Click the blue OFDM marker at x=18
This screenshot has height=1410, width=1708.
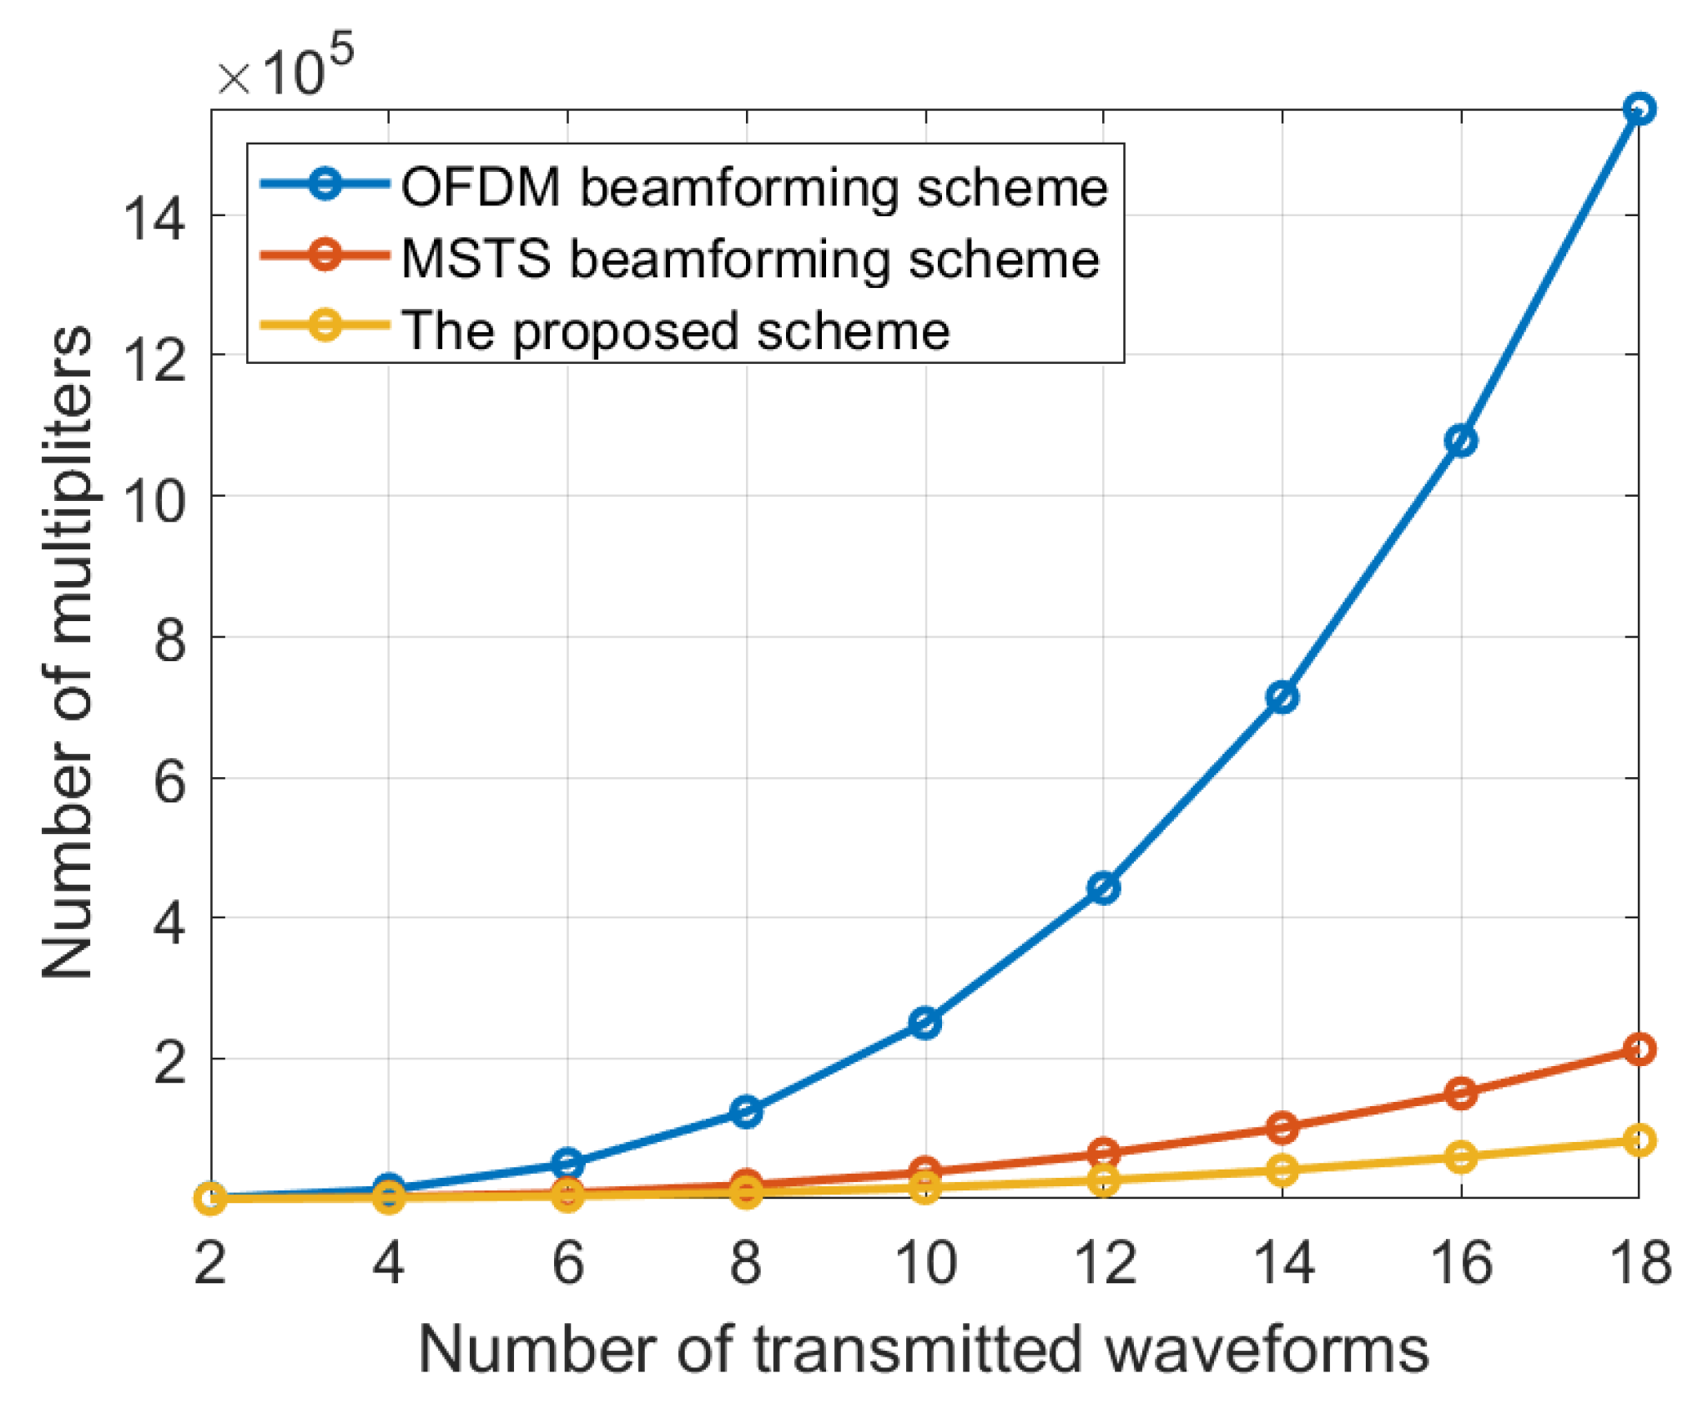(x=1639, y=109)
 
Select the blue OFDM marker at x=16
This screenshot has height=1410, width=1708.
(x=1460, y=441)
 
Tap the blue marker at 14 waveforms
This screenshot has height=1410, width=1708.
(x=1282, y=696)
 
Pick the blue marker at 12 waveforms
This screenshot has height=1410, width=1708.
(x=1103, y=887)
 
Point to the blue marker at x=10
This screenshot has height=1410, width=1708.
(x=925, y=1022)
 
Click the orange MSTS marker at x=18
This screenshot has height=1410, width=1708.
(x=1639, y=1049)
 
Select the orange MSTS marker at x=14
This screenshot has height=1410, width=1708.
(x=1282, y=1127)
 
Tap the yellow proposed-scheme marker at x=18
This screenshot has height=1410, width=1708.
(x=1639, y=1140)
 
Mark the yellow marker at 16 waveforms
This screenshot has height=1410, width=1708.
(x=1460, y=1157)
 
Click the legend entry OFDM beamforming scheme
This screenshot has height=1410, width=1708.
(x=753, y=187)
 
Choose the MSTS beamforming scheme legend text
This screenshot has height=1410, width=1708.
(x=749, y=259)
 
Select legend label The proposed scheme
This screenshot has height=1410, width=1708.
(x=675, y=331)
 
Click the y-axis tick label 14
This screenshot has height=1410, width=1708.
(x=153, y=219)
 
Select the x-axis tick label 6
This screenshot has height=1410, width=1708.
(x=567, y=1263)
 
